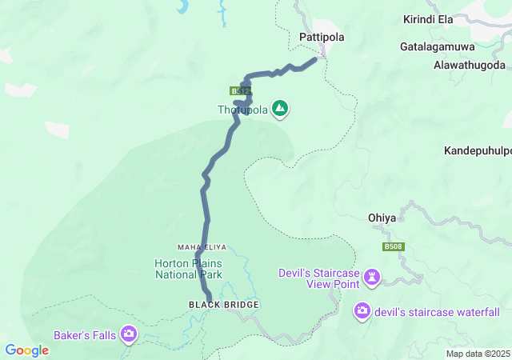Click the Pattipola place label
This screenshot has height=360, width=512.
point(322,37)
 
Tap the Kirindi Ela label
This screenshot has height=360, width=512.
point(429,18)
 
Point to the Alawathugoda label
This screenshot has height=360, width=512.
point(470,65)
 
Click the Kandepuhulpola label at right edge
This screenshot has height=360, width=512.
point(478,150)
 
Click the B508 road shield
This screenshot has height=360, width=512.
point(392,247)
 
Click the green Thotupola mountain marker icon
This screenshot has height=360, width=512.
point(280,108)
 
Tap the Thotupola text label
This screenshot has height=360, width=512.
point(242,110)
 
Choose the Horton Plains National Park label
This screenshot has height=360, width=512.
point(189,269)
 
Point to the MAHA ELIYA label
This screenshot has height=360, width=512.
point(198,247)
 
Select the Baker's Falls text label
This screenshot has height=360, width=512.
point(84,334)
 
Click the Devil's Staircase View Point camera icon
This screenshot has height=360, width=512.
point(372,278)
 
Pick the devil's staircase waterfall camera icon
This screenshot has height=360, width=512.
point(362,310)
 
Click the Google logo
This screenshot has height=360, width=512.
point(26,350)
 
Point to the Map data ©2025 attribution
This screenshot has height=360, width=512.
point(477,354)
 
